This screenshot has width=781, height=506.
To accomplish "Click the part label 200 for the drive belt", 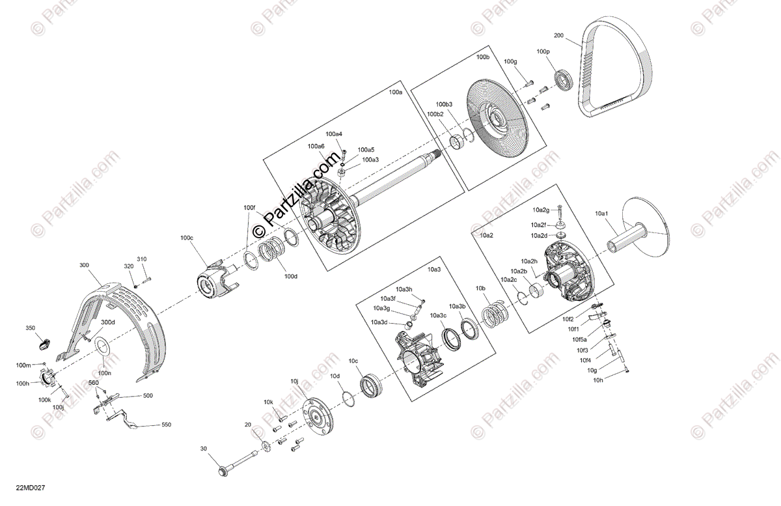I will [x=558, y=35].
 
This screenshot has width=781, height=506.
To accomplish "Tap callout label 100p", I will [x=543, y=51].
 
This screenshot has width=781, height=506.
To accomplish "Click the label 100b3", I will [x=444, y=104].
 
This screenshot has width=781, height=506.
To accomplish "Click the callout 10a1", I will [x=601, y=213].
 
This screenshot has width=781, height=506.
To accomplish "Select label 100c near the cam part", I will [x=187, y=238].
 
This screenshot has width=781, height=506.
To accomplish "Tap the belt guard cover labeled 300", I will [x=124, y=326].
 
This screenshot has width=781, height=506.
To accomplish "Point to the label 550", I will [x=166, y=425].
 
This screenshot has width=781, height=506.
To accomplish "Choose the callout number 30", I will [x=203, y=449].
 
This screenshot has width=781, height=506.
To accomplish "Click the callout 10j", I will [x=294, y=381].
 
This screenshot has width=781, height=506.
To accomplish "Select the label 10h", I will [x=598, y=380].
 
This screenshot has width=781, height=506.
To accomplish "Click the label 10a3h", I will [x=404, y=289].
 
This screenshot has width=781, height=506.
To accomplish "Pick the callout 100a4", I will [x=335, y=134].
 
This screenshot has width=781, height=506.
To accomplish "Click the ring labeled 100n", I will [x=104, y=352].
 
